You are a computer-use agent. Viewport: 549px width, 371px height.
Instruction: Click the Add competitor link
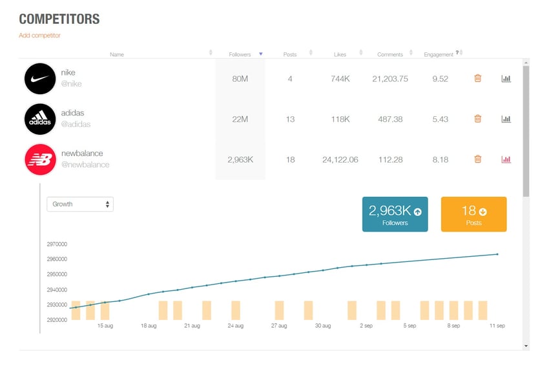(39, 35)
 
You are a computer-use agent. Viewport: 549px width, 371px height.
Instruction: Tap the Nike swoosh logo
(40, 79)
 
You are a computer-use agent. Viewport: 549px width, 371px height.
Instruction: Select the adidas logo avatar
(40, 119)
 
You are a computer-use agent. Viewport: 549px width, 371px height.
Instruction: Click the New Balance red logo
(40, 159)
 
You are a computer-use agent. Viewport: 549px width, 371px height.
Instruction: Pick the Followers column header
(240, 54)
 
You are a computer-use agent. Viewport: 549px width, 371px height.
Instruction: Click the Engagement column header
(439, 54)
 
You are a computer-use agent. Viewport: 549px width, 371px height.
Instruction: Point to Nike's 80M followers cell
(240, 79)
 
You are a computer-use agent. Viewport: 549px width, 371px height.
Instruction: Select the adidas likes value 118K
(340, 119)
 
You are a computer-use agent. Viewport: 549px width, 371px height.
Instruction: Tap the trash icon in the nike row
(478, 79)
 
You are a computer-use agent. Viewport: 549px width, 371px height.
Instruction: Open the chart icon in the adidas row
(506, 119)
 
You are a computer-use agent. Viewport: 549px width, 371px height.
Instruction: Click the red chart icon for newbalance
(506, 159)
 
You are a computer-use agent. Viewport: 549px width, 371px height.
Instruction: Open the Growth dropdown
(80, 204)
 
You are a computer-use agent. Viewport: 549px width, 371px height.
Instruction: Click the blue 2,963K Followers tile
(395, 214)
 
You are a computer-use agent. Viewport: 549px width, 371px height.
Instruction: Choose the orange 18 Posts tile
(473, 214)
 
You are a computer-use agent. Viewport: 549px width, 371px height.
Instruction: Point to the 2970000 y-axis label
(57, 245)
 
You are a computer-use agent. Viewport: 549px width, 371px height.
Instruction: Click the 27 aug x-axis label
(279, 326)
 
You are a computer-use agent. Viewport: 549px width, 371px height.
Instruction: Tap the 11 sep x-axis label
(497, 326)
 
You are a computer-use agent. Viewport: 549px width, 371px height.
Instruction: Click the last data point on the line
(497, 254)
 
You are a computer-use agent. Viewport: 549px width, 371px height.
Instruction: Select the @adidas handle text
(76, 125)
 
